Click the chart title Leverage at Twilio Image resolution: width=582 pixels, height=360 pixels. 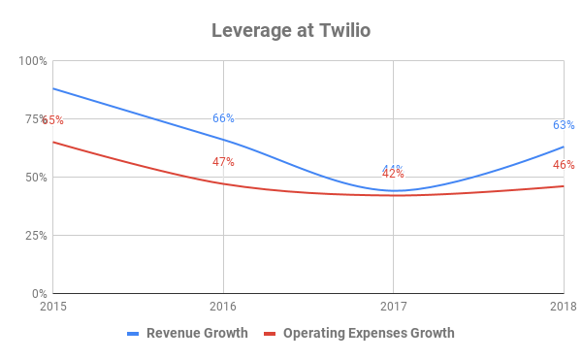tap(291, 30)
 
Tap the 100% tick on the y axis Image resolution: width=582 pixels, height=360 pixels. tap(33, 61)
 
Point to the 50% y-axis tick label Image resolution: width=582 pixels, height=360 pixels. tap(36, 178)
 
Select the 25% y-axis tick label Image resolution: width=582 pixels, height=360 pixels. tap(36, 236)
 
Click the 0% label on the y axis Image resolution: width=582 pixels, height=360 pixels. tap(39, 294)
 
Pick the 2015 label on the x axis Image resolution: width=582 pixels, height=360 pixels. tap(52, 308)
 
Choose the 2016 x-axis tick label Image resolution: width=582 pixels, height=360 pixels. tap(223, 308)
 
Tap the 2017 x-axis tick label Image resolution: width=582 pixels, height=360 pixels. tap(393, 308)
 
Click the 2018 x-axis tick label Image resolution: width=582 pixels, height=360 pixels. tap(563, 308)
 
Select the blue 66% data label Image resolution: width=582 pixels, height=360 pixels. tap(223, 118)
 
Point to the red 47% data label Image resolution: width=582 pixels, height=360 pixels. tap(223, 162)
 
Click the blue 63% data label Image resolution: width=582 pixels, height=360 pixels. tap(564, 125)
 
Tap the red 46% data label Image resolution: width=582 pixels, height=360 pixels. tap(564, 165)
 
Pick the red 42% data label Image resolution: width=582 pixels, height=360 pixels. tap(393, 175)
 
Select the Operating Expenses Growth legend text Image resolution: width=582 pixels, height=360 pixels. tap(369, 334)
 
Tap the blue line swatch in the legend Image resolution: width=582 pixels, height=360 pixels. tap(136, 334)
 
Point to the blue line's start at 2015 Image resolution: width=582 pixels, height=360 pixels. tap(53, 88)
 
